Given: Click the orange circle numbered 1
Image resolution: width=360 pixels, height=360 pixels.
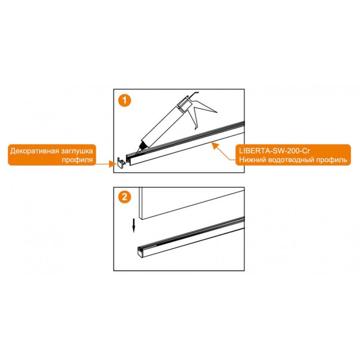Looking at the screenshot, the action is [125, 100].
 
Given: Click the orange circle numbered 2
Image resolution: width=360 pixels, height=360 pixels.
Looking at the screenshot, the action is [125, 197].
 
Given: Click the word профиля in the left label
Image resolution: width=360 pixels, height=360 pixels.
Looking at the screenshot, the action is [77, 160].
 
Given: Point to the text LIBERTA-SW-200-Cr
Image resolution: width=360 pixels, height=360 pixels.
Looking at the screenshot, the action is [274, 151].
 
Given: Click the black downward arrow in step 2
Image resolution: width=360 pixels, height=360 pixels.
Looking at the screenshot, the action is [134, 226].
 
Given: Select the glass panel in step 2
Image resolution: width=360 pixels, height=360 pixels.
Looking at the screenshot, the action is [192, 203].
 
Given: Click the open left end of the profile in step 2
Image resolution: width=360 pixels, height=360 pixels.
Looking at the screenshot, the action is [140, 252].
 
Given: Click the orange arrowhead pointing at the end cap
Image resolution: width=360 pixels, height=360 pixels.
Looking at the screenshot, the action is [112, 164].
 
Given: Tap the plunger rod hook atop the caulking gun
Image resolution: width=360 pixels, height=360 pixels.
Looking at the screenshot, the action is [194, 94].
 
